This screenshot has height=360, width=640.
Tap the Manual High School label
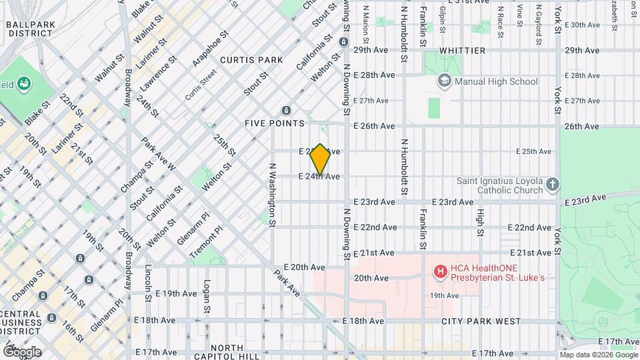click(495, 81)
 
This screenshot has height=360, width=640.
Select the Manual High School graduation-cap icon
click(444, 81)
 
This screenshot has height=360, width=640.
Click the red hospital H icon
click(440, 271)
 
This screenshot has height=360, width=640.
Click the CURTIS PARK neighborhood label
click(252, 60)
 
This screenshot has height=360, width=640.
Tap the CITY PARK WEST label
click(480, 321)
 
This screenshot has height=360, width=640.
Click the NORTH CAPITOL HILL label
click(234, 352)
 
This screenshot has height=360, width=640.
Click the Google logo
click(21, 351)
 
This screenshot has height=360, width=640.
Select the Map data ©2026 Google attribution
click(598, 354)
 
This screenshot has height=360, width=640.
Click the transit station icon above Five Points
click(286, 110)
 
